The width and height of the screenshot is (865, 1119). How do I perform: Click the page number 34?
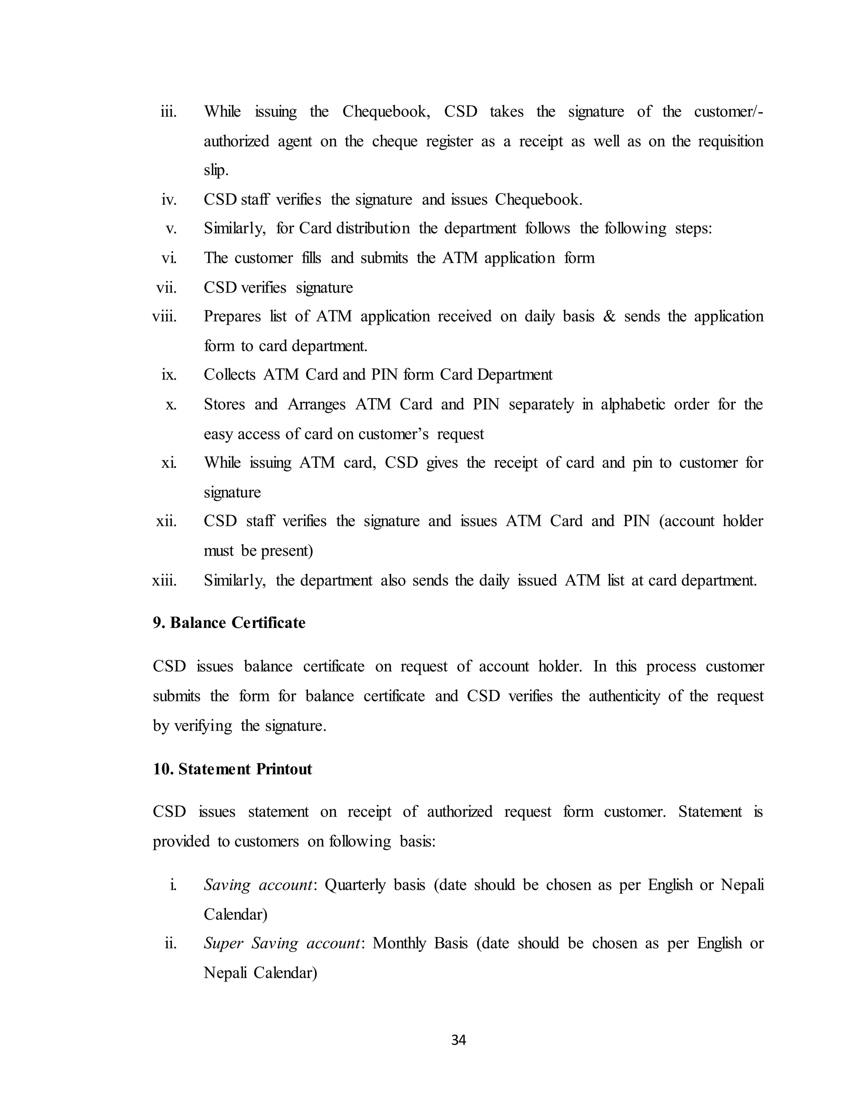pyautogui.click(x=458, y=1040)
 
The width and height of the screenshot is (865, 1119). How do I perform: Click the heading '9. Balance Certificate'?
pyautogui.click(x=228, y=622)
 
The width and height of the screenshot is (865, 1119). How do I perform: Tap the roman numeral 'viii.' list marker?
pyautogui.click(x=164, y=317)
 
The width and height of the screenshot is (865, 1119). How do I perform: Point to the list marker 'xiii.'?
pyautogui.click(x=164, y=581)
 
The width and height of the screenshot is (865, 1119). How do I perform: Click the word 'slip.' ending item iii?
pyautogui.click(x=216, y=170)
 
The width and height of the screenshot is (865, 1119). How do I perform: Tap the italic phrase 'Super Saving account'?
pyautogui.click(x=282, y=943)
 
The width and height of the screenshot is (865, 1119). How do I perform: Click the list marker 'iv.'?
pyautogui.click(x=169, y=199)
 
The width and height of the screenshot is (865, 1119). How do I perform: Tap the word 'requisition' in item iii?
pyautogui.click(x=730, y=141)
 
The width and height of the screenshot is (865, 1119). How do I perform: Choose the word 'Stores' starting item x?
pyautogui.click(x=224, y=404)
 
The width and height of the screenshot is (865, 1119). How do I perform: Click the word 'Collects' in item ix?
pyautogui.click(x=229, y=375)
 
